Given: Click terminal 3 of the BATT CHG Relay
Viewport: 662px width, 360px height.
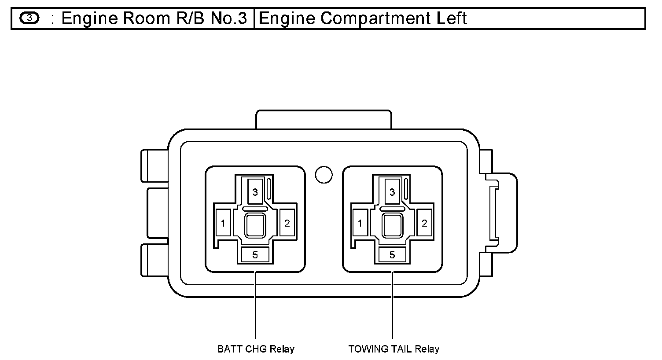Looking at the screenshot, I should pyautogui.click(x=255, y=192).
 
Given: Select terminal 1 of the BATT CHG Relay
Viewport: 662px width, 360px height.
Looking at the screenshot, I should pyautogui.click(x=223, y=223).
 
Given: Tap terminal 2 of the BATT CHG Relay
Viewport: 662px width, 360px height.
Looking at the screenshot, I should pyautogui.click(x=287, y=223).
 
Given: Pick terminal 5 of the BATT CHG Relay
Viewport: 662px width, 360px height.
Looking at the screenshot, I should pyautogui.click(x=255, y=254).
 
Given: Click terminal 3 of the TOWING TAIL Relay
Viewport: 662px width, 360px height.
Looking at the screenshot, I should pyautogui.click(x=392, y=192).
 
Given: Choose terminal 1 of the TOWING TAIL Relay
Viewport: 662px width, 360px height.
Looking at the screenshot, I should pyautogui.click(x=360, y=223).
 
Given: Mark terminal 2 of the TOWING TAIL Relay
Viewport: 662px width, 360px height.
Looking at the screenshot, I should pyautogui.click(x=424, y=223).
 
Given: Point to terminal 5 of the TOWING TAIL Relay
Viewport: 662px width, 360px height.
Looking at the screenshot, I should pyautogui.click(x=392, y=254).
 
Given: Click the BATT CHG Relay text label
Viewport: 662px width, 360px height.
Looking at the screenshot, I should pyautogui.click(x=256, y=349).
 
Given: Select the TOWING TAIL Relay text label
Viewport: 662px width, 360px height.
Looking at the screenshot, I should pyautogui.click(x=394, y=349).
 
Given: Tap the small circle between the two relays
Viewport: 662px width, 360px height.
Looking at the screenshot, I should pyautogui.click(x=324, y=175).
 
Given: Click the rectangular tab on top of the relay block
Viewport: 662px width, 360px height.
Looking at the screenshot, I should pyautogui.click(x=324, y=119).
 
